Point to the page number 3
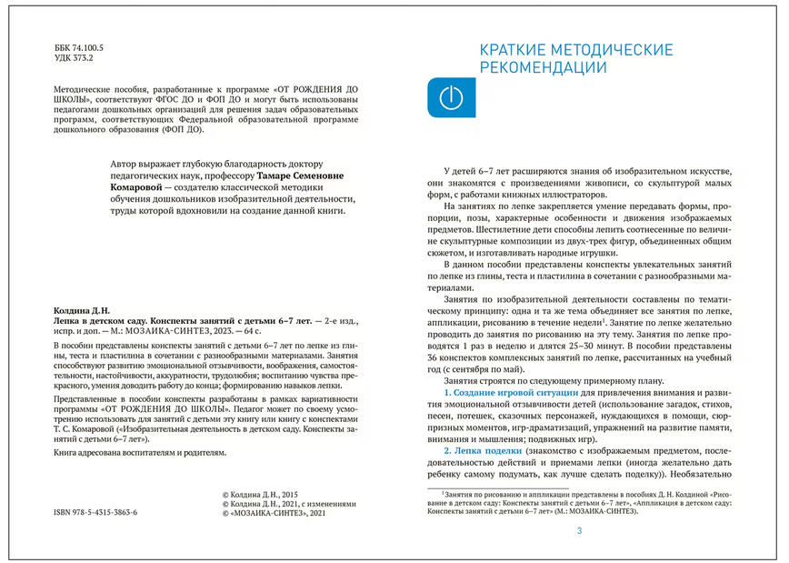[579, 532]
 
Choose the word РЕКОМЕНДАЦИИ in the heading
[543, 67]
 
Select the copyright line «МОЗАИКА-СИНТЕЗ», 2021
[273, 513]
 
